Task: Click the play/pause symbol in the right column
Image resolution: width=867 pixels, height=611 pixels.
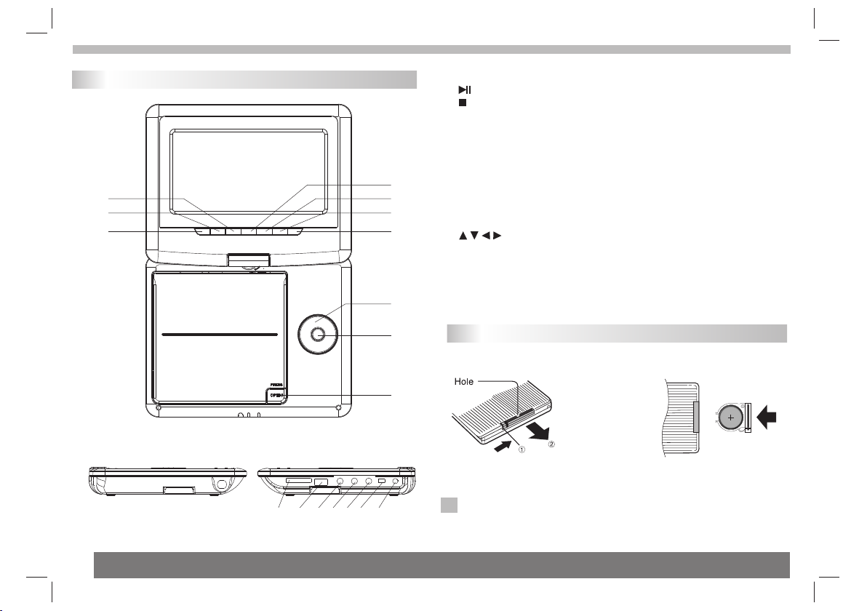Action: point(465,89)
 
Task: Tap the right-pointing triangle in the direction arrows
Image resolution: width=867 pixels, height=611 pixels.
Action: point(498,236)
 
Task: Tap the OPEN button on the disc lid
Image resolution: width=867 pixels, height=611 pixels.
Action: point(275,395)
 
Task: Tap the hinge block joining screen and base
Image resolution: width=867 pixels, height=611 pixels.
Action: point(247,259)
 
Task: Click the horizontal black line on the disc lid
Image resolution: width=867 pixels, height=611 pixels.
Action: point(220,335)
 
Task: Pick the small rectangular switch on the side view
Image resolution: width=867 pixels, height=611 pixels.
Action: point(381,482)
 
